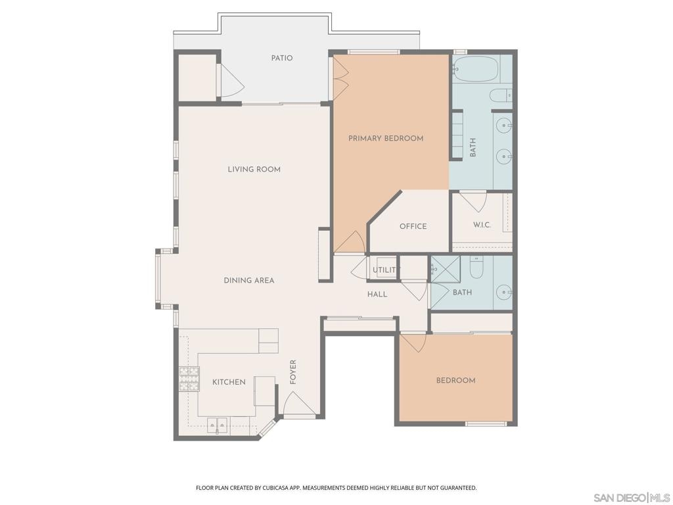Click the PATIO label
click(282, 58)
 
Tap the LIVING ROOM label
click(254, 169)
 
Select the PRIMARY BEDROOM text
click(386, 138)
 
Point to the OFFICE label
click(413, 226)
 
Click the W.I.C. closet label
click(482, 225)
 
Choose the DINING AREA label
click(249, 280)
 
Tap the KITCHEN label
click(229, 382)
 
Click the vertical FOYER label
click(293, 372)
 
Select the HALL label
click(377, 294)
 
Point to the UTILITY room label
click(384, 270)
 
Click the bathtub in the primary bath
click(476, 68)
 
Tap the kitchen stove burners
click(189, 379)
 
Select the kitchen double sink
click(218, 425)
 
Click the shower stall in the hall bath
click(446, 269)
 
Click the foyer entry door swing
click(299, 403)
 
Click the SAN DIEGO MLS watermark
click(632, 498)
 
